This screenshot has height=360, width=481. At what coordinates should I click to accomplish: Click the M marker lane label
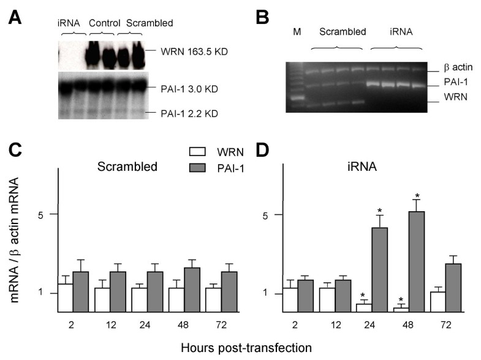297,31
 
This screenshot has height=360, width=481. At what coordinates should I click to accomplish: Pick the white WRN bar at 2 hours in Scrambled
66,298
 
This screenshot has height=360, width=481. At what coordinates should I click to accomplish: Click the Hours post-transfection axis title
246,347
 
